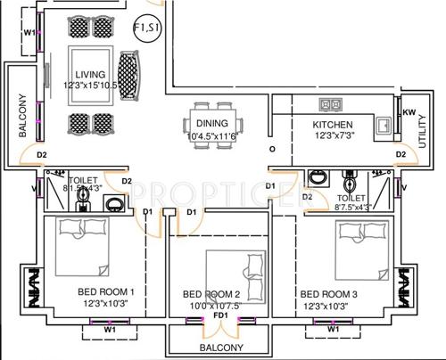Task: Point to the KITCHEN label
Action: pyautogui.click(x=333, y=125)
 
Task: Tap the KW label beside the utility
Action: pyautogui.click(x=409, y=112)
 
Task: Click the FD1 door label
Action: pyautogui.click(x=220, y=315)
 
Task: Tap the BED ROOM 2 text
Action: pyautogui.click(x=211, y=294)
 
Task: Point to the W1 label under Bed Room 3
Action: pyautogui.click(x=333, y=329)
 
